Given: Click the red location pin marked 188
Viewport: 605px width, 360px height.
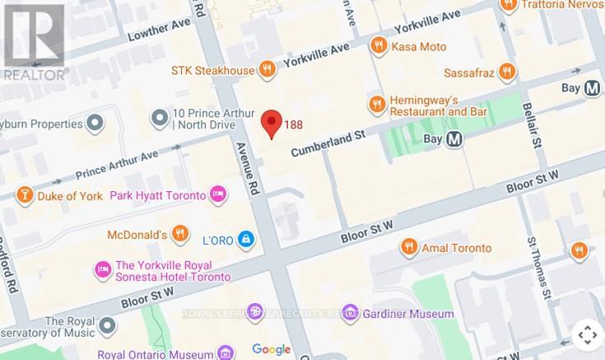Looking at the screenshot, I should tap(272, 124).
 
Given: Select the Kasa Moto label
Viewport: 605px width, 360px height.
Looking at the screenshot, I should tap(420, 46).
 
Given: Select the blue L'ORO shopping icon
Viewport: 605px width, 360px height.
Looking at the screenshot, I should tap(244, 239).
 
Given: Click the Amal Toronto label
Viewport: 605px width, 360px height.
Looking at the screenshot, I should tap(456, 247).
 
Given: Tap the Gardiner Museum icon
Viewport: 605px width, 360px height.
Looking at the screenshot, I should tap(351, 313).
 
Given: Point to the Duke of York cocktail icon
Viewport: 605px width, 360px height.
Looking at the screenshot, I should tap(25, 195).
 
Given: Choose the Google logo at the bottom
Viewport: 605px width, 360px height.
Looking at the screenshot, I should tap(271, 349).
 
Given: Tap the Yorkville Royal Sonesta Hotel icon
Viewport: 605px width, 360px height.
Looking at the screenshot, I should tap(103, 269).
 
